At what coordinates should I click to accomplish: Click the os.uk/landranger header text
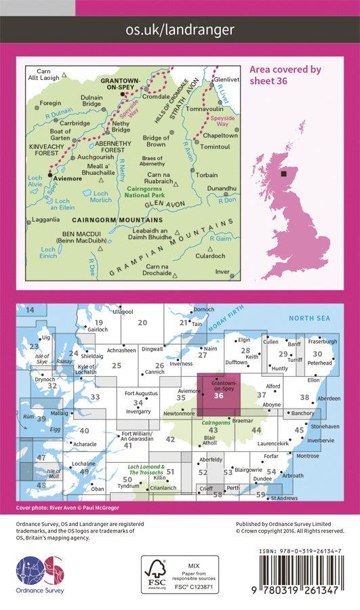pyautogui.click(x=180, y=30)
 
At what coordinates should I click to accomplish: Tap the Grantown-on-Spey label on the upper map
pyautogui.click(x=119, y=83)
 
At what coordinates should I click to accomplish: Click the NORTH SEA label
pyautogui.click(x=308, y=318)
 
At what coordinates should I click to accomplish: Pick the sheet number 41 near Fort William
pyautogui.click(x=127, y=445)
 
